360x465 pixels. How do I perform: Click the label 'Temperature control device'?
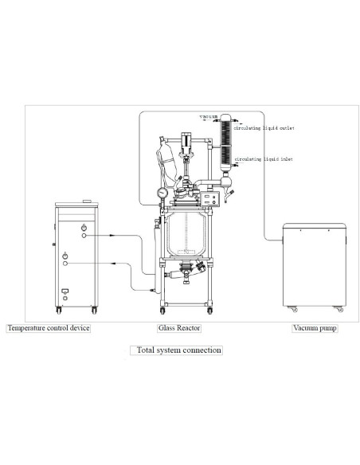click(x=48, y=328)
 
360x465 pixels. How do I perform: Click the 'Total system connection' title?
click(x=179, y=350)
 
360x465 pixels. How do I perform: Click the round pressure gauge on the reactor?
click(x=162, y=192)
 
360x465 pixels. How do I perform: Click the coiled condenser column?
click(x=226, y=143)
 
